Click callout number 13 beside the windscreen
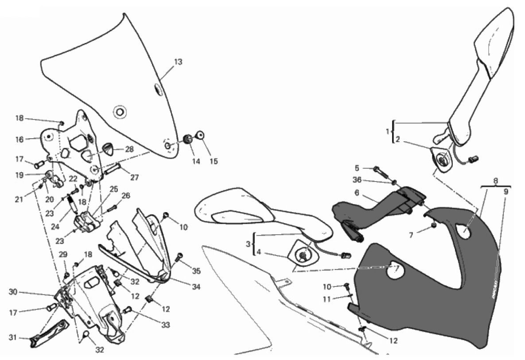178,62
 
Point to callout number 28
129,150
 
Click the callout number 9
506,192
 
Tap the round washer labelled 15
200,134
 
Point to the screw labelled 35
180,256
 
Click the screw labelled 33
128,310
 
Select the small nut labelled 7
434,226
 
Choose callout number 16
19,139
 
